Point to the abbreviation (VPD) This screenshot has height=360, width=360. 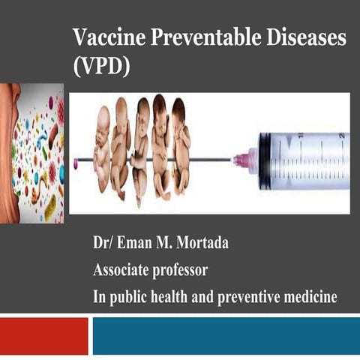pyautogui.click(x=102, y=65)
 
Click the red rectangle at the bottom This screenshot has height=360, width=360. pyautogui.click(x=43, y=334)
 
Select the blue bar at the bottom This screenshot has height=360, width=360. pyautogui.click(x=225, y=334)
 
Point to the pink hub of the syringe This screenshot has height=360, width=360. pyautogui.click(x=244, y=159)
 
